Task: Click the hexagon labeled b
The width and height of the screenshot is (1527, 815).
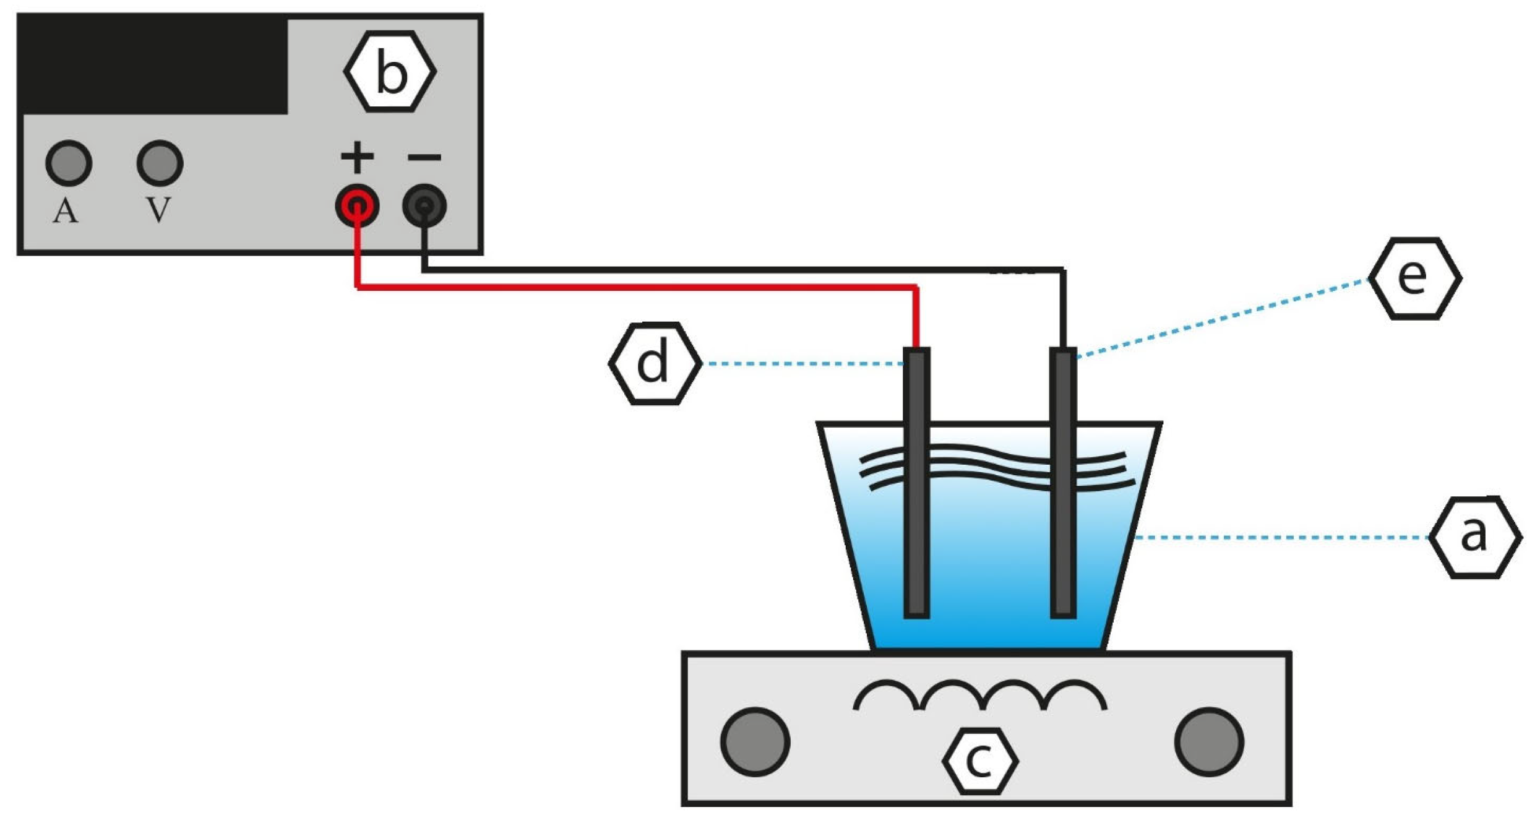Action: click(x=389, y=72)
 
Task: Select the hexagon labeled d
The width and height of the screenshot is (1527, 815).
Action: click(x=655, y=363)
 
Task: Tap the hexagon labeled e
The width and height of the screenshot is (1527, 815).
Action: click(x=1414, y=278)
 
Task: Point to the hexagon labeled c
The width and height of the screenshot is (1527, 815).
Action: click(x=979, y=761)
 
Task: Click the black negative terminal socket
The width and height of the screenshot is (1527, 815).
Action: click(x=424, y=205)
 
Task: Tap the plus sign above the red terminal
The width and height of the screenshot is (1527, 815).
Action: click(x=357, y=157)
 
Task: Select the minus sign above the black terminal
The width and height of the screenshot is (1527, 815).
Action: click(x=424, y=158)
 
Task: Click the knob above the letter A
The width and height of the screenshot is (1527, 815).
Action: click(x=69, y=163)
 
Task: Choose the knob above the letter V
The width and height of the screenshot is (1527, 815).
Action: click(x=160, y=163)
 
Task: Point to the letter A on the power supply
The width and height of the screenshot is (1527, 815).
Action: click(x=66, y=211)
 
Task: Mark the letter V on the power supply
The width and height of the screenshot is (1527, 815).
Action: click(x=158, y=210)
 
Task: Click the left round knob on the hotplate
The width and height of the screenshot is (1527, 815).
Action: click(x=755, y=741)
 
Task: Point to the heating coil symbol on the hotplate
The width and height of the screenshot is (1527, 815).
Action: click(x=979, y=696)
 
